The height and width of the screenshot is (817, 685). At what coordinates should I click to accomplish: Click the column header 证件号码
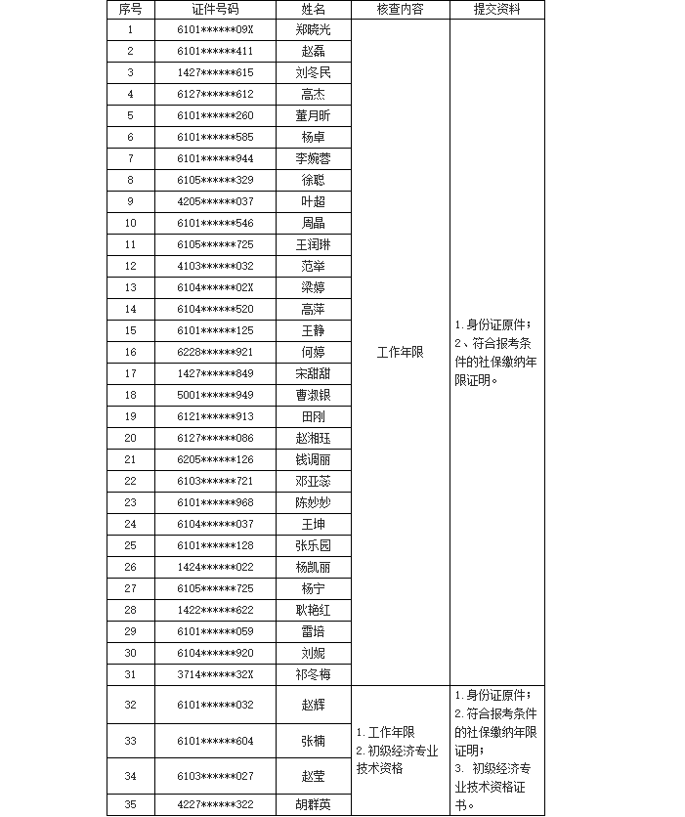(215, 9)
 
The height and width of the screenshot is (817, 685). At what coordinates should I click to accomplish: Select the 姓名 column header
(314, 9)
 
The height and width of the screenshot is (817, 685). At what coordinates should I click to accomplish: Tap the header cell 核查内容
(400, 9)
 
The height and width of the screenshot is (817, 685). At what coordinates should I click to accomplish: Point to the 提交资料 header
(496, 9)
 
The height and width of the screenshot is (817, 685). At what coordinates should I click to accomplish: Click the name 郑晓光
(314, 29)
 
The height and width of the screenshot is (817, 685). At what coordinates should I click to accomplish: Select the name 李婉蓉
(314, 158)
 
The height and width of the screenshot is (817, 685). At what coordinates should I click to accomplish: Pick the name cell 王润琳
(314, 244)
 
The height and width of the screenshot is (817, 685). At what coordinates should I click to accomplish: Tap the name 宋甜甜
(314, 373)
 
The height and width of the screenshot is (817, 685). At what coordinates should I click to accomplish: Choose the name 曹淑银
(314, 395)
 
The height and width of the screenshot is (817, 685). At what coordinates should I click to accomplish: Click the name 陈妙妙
(314, 502)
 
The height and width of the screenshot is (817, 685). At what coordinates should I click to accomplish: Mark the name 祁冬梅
(314, 674)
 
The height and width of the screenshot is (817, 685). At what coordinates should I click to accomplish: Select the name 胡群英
(314, 804)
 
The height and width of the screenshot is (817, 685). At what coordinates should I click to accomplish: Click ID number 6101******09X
(215, 29)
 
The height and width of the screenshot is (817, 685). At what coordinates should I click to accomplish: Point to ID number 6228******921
(215, 352)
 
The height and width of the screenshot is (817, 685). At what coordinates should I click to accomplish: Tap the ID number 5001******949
(215, 395)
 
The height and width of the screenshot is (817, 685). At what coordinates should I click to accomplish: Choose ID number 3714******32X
(215, 674)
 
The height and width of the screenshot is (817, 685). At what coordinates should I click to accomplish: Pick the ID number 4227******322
(215, 804)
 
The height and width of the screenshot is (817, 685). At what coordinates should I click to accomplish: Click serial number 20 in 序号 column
(130, 438)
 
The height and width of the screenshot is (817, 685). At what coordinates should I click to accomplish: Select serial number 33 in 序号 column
(130, 741)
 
